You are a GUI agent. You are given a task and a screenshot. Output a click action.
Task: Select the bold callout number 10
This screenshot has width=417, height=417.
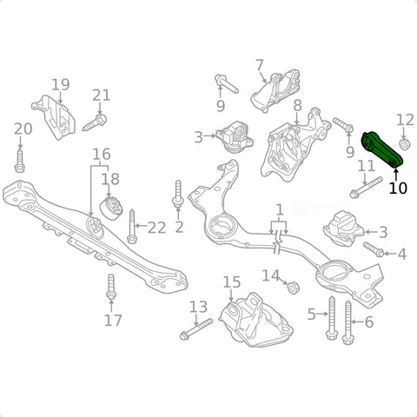tap(398, 189)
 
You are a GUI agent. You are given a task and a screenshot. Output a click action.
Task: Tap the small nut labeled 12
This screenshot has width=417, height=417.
tap(404, 144)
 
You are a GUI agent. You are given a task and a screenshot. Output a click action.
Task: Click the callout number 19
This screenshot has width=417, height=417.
tap(61, 84)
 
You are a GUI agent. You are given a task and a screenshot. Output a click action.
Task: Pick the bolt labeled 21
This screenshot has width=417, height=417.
tap(95, 122)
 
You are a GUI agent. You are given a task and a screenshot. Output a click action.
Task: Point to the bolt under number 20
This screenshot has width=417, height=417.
tap(19, 161)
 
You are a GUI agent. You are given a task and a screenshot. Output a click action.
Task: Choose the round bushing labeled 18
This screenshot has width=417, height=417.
tap(111, 208)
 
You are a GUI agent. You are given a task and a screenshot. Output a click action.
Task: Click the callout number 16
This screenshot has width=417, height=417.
tap(102, 155)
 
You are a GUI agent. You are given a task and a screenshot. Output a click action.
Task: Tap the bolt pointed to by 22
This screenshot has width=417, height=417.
tap(132, 226)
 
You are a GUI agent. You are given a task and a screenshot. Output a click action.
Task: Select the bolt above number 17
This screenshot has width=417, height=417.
tap(111, 287)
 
